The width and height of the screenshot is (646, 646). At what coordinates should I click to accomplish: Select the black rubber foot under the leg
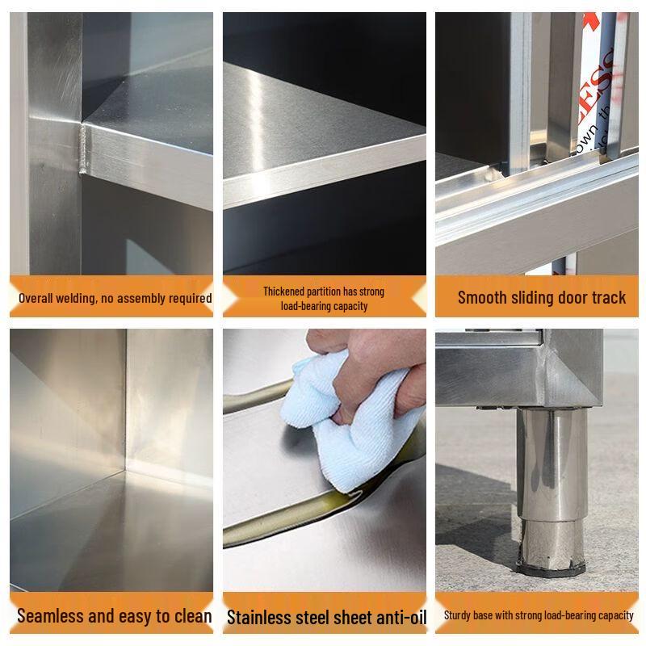pos(552,568)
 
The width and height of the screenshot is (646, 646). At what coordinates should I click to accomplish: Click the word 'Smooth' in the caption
pos(484,297)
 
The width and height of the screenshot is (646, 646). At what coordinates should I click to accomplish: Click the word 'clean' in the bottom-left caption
pos(191,616)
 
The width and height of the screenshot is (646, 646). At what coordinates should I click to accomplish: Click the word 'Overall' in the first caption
pos(36,298)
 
